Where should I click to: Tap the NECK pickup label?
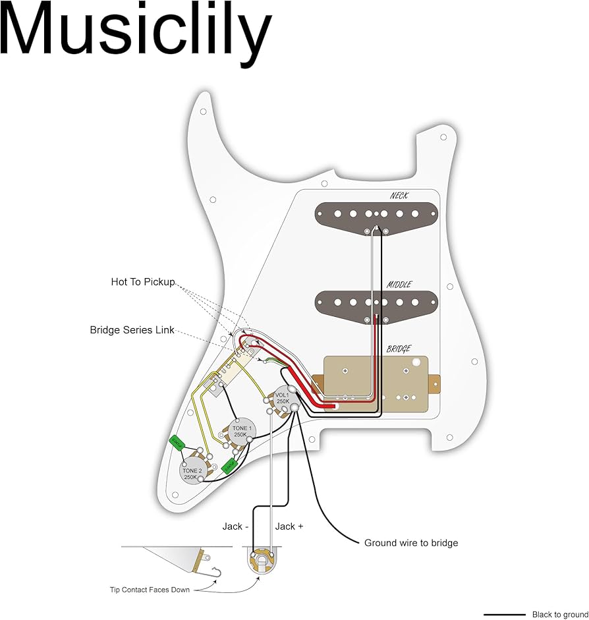point(399,196)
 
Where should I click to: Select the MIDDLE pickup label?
point(399,285)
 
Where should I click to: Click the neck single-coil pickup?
point(376,214)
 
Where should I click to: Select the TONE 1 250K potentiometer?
point(240,432)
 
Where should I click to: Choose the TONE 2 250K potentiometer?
point(192,474)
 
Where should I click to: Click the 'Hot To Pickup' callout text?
point(143,282)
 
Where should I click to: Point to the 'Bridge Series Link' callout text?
point(132,329)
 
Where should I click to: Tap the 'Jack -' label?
point(235,526)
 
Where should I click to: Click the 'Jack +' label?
point(289,526)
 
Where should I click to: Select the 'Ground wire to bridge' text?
point(411,543)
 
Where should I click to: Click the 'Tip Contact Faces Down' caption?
point(150,590)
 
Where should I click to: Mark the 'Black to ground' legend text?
point(560,614)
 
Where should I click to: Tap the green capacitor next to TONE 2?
point(177,442)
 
